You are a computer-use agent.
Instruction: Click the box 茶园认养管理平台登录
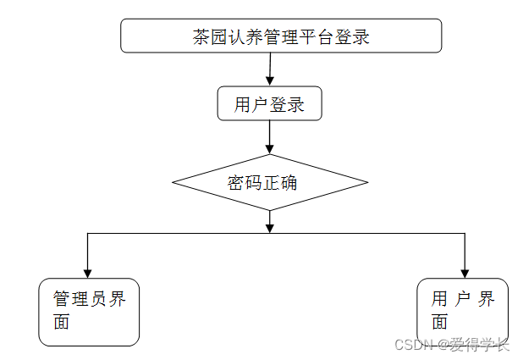(281, 36)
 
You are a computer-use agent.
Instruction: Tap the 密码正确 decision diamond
(269, 182)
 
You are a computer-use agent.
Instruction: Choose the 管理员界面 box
(89, 312)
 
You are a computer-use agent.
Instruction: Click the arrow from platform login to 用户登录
(269, 69)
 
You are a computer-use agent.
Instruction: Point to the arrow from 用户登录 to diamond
(269, 136)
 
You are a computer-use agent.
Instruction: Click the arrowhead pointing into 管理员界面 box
(87, 272)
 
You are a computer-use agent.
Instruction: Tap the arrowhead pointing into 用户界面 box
(465, 272)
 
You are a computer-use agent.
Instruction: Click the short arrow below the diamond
(269, 221)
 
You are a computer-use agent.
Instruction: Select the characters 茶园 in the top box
(211, 37)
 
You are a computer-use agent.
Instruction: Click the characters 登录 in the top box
(352, 37)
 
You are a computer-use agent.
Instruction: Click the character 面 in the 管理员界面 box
(61, 323)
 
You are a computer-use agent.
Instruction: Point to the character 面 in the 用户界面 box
(439, 323)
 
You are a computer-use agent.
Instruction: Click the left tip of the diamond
(173, 182)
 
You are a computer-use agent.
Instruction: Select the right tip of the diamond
(366, 182)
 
